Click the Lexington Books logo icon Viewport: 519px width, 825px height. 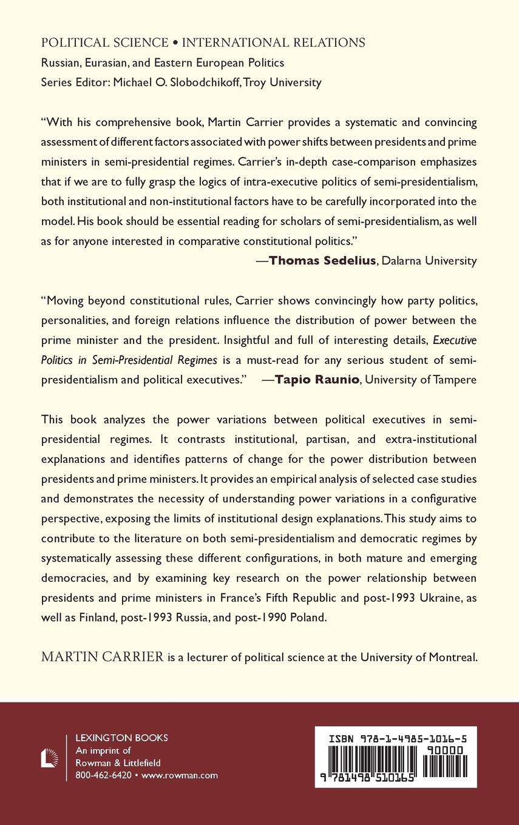50,758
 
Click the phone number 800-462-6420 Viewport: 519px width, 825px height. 103,775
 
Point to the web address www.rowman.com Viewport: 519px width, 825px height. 180,775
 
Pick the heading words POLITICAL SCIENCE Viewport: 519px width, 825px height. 105,42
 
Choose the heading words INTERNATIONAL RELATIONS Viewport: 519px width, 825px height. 274,42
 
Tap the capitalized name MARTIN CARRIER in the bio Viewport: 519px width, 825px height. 103,658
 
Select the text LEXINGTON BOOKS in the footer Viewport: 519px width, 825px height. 121,738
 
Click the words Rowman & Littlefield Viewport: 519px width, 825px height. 118,763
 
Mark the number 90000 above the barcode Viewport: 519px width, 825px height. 445,750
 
